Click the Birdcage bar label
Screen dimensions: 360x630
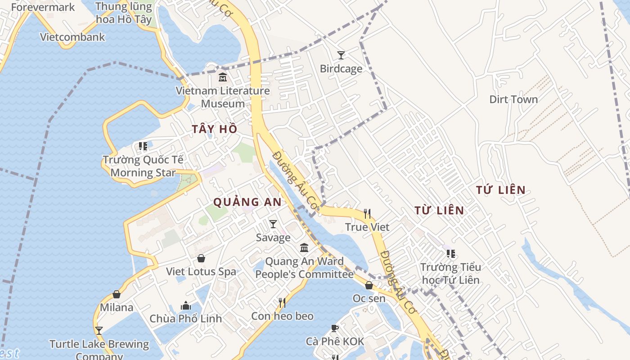click(341, 69)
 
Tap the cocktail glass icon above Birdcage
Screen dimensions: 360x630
click(341, 55)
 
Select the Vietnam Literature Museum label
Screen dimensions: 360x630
click(223, 97)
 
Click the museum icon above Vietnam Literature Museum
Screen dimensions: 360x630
click(223, 77)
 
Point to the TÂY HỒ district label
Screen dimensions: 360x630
click(215, 129)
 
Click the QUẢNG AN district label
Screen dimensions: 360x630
click(247, 202)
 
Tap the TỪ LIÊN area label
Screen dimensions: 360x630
click(439, 210)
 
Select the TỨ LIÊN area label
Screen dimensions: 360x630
click(501, 190)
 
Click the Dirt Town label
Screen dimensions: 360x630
click(513, 99)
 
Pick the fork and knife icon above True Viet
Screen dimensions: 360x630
click(367, 213)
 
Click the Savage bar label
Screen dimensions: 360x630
click(273, 237)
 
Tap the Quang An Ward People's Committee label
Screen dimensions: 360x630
click(304, 268)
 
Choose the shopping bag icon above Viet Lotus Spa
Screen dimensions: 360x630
click(201, 258)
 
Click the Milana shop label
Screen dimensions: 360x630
click(117, 307)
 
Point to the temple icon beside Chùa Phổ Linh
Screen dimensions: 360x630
click(186, 306)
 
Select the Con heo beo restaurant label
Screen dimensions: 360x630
click(282, 316)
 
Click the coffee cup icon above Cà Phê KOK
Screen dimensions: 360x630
click(335, 328)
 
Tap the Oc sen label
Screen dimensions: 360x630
click(369, 298)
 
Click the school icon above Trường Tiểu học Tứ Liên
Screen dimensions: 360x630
click(450, 254)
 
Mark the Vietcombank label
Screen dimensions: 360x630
click(72, 37)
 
